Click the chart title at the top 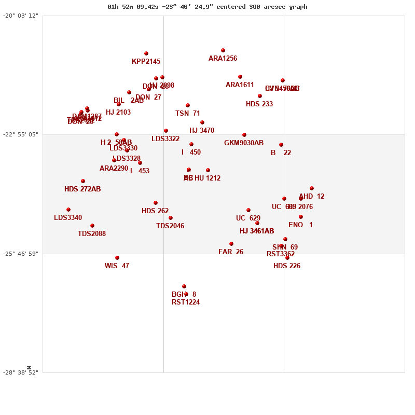(x=208, y=7)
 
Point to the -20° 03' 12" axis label (x=21, y=16)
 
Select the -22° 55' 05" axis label (x=21, y=134)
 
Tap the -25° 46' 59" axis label (x=21, y=254)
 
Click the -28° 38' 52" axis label (x=21, y=372)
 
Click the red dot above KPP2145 (x=146, y=53)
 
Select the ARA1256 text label (x=223, y=59)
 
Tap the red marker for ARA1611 (x=240, y=77)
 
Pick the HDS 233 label (x=259, y=104)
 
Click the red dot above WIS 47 (x=117, y=258)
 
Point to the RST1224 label (x=186, y=302)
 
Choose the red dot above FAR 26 (x=231, y=244)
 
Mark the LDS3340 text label (x=68, y=218)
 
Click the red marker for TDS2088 (x=92, y=226)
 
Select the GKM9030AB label (x=244, y=143)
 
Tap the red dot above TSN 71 (x=188, y=105)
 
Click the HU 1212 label (x=208, y=178)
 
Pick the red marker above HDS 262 (x=156, y=203)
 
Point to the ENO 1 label (x=300, y=225)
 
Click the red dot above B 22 (x=281, y=145)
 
